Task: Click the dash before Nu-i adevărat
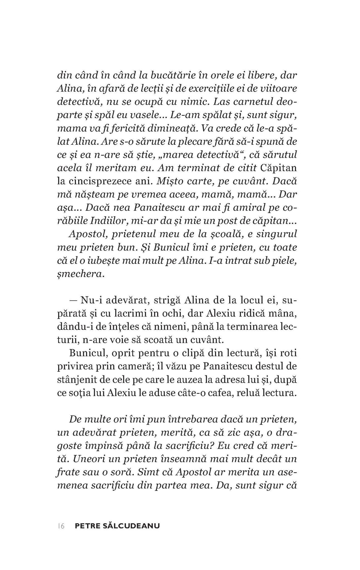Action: (x=73, y=301)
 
